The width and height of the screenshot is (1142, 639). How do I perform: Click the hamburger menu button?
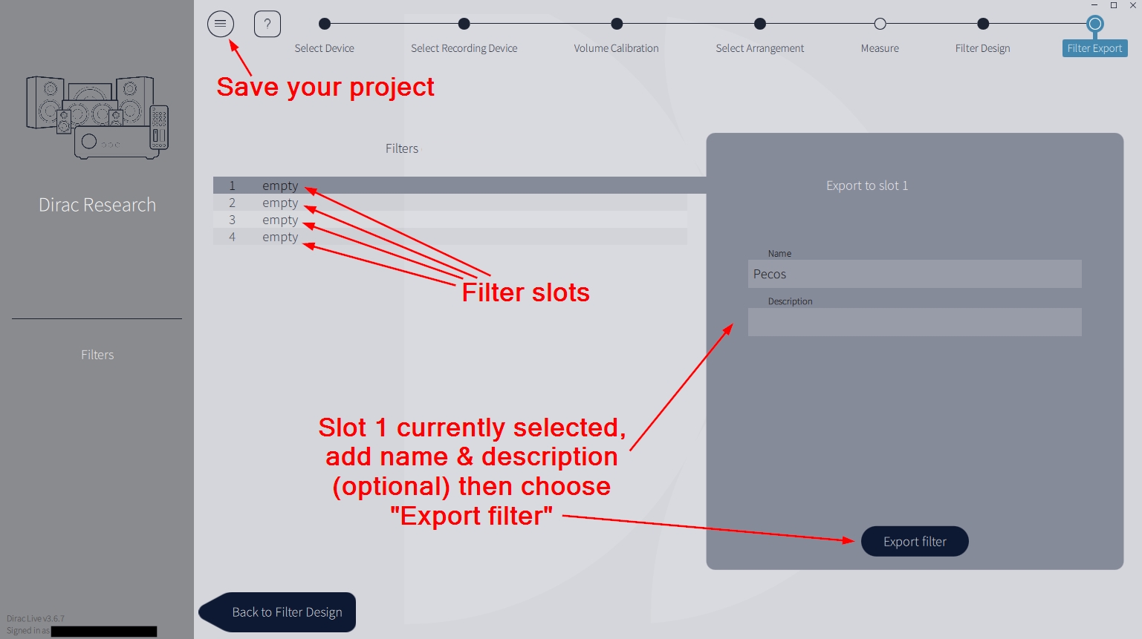coord(221,24)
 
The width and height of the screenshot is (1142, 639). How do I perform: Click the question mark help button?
coord(267,24)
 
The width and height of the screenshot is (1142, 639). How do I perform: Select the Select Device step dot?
coord(325,24)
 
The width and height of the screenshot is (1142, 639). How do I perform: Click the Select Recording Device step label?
coord(464,48)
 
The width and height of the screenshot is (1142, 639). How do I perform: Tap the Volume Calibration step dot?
coord(617,24)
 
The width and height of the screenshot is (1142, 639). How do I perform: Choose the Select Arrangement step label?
coord(759,48)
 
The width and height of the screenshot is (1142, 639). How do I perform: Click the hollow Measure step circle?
coord(880,24)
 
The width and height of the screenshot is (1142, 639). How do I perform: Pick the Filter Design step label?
coord(982,48)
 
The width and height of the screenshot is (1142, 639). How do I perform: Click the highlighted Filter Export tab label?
coord(1094,48)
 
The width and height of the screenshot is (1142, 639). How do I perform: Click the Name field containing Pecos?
coord(914,274)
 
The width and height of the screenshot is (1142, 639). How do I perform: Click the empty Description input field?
coord(914,322)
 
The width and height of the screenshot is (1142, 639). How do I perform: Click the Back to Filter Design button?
coord(286,612)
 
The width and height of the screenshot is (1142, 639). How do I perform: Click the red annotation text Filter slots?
coord(525,292)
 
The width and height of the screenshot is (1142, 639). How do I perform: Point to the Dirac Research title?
coord(97,205)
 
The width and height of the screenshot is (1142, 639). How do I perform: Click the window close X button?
coord(1133,5)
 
